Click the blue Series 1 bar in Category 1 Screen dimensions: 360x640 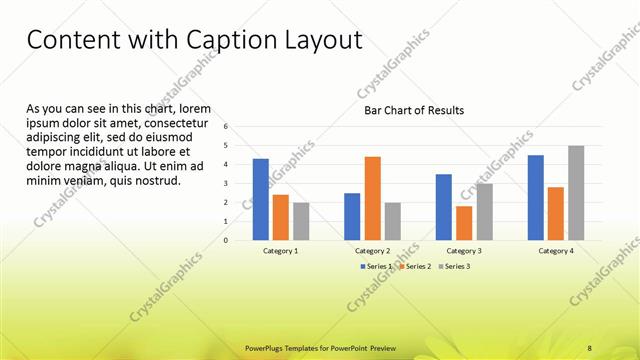(x=261, y=200)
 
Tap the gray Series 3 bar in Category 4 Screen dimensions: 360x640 (x=576, y=193)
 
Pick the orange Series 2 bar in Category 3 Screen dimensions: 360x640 (x=464, y=223)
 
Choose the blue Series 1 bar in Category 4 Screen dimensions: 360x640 (x=536, y=198)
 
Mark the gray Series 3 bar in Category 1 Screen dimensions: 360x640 (x=301, y=221)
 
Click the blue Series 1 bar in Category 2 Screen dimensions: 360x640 (x=352, y=216)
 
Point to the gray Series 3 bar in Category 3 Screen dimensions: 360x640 (x=484, y=212)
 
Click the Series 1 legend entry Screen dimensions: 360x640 (x=378, y=266)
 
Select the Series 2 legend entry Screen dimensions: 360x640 (x=417, y=266)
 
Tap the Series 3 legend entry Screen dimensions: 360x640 (x=454, y=266)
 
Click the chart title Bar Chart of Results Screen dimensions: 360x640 (x=413, y=110)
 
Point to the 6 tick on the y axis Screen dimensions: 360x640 (x=227, y=127)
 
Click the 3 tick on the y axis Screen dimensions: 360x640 (x=227, y=184)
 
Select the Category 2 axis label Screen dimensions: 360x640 (x=372, y=251)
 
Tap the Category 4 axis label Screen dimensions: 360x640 (x=556, y=251)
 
